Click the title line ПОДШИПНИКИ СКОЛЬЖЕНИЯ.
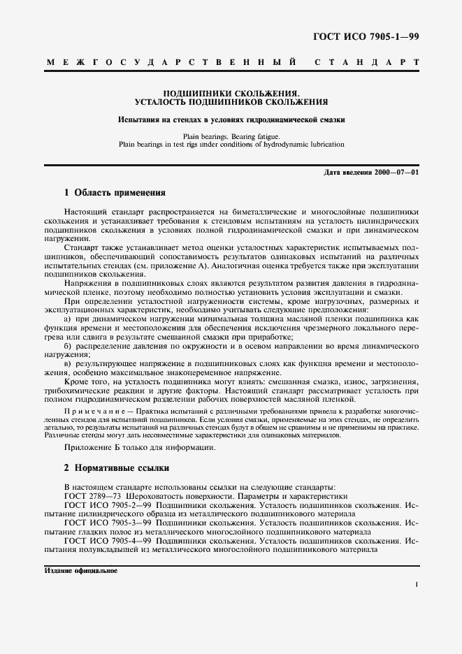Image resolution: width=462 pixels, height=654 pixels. (231, 92)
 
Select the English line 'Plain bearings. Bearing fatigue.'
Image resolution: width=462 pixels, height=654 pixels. (231, 136)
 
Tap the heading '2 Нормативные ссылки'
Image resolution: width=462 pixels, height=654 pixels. (115, 467)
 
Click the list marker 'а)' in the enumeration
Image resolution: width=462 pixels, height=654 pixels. (68, 318)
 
